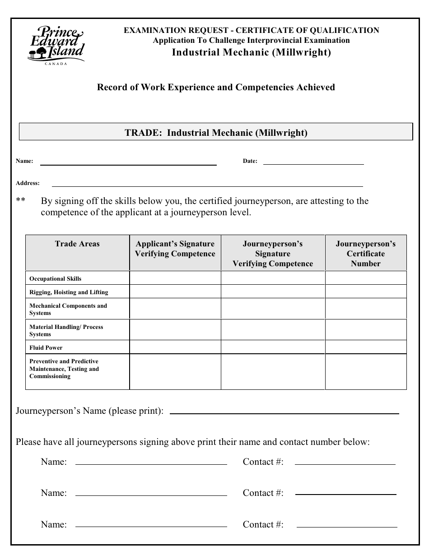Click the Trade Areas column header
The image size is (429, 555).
(x=77, y=244)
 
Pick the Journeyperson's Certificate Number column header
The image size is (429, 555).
(x=365, y=254)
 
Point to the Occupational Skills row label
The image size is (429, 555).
(x=56, y=279)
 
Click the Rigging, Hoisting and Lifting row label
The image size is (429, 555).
(x=69, y=292)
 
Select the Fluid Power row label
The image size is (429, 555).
(x=46, y=348)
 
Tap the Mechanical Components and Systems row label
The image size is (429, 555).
(x=68, y=310)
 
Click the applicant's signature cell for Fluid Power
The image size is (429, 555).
(x=175, y=347)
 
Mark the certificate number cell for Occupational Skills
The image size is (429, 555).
(x=365, y=278)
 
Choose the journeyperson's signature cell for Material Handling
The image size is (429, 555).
(x=273, y=330)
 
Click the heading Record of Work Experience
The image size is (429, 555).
(x=216, y=88)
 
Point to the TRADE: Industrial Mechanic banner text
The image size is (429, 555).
(x=216, y=133)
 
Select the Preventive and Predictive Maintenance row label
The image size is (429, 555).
(x=64, y=369)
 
